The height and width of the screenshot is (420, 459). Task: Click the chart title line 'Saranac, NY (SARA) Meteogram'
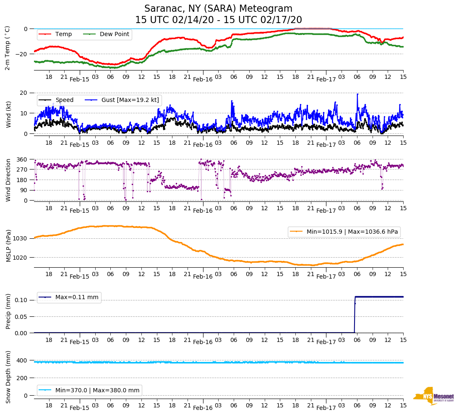coord(218,9)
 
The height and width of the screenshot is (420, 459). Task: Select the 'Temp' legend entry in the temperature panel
coord(63,34)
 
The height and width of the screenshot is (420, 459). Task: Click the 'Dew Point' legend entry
coord(114,34)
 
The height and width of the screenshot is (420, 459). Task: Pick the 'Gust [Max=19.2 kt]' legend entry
coord(130,100)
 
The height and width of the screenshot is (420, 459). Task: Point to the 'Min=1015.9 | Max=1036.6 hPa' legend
coord(344,232)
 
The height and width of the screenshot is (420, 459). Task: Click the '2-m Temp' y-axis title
coord(8,48)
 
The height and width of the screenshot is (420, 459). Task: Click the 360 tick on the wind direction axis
coord(22,159)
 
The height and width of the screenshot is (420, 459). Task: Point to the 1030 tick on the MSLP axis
coord(21,238)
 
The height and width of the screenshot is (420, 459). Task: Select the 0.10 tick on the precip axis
coord(21,300)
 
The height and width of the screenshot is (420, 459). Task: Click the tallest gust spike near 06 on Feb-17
coord(357,94)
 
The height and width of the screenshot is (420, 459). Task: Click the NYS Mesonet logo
coord(434,396)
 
